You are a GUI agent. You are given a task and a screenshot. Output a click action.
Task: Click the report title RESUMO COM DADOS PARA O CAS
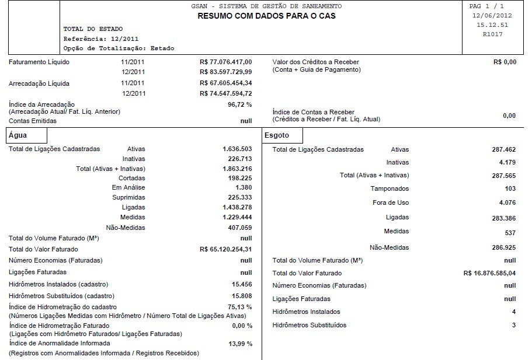(266, 16)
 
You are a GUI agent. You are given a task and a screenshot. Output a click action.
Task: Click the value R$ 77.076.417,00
(225, 62)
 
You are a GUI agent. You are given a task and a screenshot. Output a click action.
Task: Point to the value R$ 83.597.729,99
(225, 72)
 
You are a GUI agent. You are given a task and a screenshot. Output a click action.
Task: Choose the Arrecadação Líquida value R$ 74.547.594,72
(225, 93)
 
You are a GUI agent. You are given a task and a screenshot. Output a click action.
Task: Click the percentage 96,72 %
(239, 104)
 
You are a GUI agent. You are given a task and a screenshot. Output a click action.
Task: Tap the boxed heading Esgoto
(276, 135)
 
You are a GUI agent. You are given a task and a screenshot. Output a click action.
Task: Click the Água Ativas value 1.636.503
(237, 149)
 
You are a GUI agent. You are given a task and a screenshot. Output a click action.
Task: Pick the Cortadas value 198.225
(240, 179)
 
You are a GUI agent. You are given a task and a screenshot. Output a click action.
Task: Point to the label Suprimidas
(128, 198)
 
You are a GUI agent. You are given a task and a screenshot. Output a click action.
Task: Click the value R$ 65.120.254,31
(225, 250)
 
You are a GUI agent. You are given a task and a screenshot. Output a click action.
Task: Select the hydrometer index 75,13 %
(239, 307)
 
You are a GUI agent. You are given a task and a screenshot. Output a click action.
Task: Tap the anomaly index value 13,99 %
(239, 344)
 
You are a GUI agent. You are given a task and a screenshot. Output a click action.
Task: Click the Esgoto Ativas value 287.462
(504, 150)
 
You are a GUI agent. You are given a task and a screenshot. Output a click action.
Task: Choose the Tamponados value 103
(510, 189)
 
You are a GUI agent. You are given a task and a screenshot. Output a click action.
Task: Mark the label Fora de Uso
(391, 203)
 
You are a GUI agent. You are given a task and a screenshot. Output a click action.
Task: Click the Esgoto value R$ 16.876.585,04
(489, 273)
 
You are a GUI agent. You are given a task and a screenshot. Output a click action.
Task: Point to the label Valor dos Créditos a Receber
(315, 62)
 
